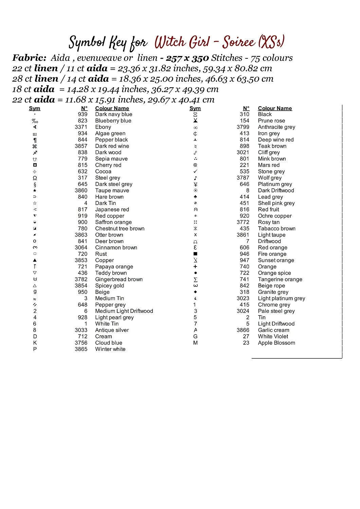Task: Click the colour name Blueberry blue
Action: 113,121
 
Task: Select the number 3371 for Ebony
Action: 81,127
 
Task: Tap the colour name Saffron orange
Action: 113,222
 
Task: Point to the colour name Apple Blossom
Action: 276,343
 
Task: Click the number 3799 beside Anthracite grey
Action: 243,127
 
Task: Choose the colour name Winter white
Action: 110,349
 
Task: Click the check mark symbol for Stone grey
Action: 195,171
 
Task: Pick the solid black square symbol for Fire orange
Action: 195,254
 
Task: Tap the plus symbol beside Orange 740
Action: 195,267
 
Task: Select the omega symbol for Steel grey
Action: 35,178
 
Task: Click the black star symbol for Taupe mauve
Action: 35,190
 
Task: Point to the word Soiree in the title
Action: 238,42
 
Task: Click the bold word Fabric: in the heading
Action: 29,58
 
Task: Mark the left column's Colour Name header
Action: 112,108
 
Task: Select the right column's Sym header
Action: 195,108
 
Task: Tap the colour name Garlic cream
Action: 273,330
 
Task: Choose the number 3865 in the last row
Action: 81,349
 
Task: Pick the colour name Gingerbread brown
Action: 119,279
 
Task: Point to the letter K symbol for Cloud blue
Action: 35,343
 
